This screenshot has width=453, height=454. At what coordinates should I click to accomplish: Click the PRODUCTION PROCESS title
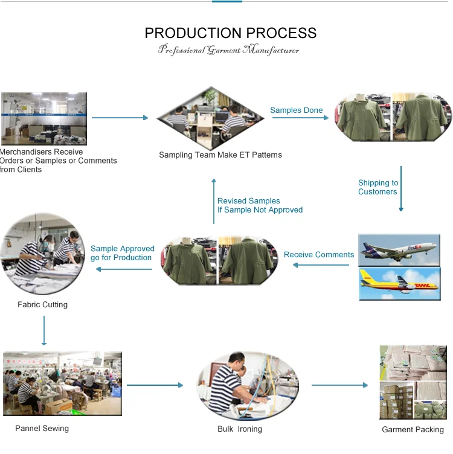click(x=231, y=33)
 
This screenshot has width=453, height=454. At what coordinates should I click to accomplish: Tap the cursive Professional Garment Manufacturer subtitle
click(x=228, y=50)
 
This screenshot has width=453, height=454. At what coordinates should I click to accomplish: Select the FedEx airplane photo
click(x=399, y=250)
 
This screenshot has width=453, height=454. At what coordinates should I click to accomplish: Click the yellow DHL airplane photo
click(x=400, y=284)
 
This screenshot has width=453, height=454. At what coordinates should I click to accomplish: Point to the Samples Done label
click(x=297, y=110)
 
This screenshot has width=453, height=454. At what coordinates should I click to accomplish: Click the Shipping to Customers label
click(x=378, y=187)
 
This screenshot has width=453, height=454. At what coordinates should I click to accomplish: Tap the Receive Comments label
click(x=319, y=255)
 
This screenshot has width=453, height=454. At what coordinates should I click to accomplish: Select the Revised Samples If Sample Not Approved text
click(x=260, y=205)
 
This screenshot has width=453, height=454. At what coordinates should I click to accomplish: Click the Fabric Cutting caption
click(x=42, y=305)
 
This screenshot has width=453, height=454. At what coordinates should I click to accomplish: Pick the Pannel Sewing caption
click(x=42, y=428)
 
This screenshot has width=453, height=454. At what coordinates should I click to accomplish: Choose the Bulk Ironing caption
click(x=240, y=429)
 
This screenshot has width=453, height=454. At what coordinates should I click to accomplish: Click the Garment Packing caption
click(x=413, y=429)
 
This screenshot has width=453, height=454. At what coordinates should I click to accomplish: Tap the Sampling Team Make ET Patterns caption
click(x=220, y=155)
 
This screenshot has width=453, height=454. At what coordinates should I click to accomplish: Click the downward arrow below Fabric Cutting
click(x=44, y=330)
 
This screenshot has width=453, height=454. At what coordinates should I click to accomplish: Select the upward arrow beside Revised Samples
click(x=214, y=201)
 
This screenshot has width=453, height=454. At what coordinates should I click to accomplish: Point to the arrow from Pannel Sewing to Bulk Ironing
click(x=155, y=385)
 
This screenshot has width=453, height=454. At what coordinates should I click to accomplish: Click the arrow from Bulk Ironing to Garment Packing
click(x=339, y=385)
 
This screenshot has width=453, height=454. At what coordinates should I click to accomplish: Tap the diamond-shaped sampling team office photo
click(x=211, y=118)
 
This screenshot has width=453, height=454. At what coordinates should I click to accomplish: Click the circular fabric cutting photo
click(x=42, y=254)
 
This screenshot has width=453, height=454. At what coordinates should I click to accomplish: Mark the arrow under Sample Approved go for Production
click(x=124, y=269)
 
